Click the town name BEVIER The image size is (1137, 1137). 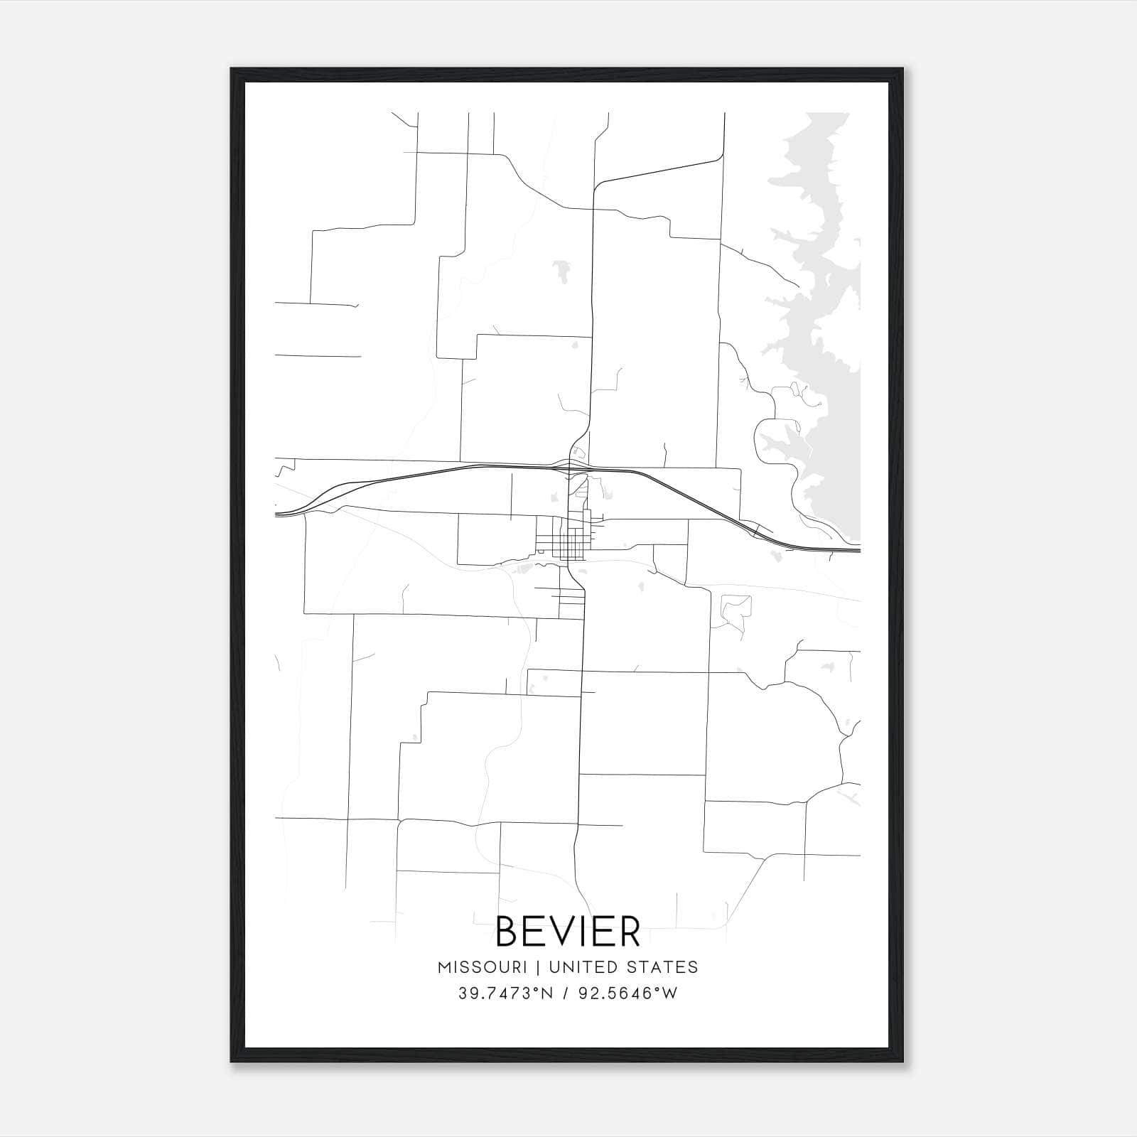(568, 932)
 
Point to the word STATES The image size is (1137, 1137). (660, 967)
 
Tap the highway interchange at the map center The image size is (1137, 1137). (576, 465)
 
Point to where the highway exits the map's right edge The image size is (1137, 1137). (859, 549)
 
